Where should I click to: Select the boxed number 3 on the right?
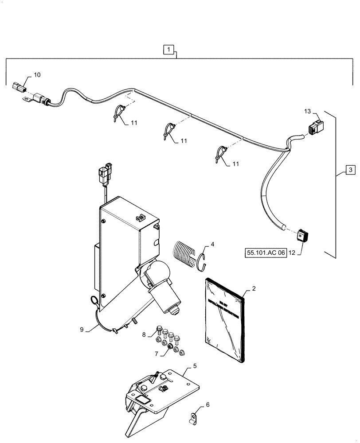[350, 169]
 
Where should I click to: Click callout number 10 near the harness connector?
[36, 75]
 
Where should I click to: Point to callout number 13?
[308, 111]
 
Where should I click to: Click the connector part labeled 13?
[314, 127]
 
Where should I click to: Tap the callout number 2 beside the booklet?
[254, 289]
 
